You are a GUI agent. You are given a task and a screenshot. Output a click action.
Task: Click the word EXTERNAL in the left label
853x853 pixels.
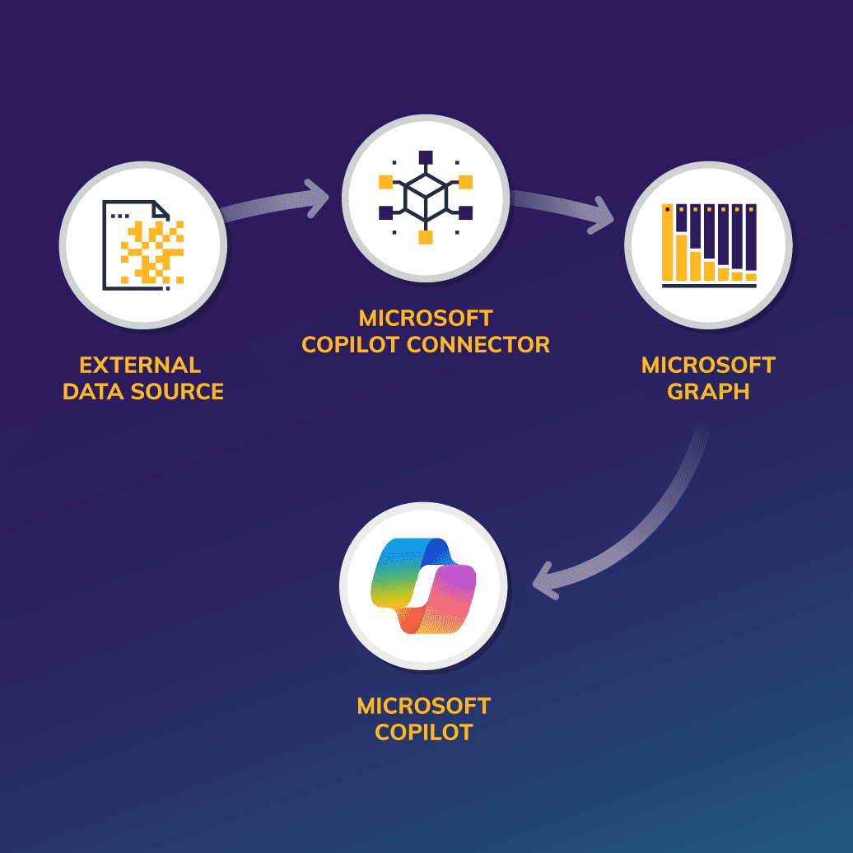pos(140,365)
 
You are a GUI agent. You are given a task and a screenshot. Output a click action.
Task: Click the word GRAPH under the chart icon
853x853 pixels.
pos(708,391)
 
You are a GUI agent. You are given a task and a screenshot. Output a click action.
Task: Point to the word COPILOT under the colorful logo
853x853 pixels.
pos(424,731)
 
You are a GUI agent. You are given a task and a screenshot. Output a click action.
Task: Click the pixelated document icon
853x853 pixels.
pos(142,245)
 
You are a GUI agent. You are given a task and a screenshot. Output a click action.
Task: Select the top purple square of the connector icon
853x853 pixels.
pos(426,157)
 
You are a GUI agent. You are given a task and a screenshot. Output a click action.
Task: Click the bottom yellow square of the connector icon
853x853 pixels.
pos(426,238)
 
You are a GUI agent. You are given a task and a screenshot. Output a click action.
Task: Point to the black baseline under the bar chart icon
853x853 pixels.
pos(709,287)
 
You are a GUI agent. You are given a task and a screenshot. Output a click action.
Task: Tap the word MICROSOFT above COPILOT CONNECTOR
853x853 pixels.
pos(426,318)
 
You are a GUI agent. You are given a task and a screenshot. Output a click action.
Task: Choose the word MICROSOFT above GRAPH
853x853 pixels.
pos(708,365)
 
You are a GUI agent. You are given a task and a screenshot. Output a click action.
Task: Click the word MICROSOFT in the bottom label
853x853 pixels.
pos(424,706)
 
